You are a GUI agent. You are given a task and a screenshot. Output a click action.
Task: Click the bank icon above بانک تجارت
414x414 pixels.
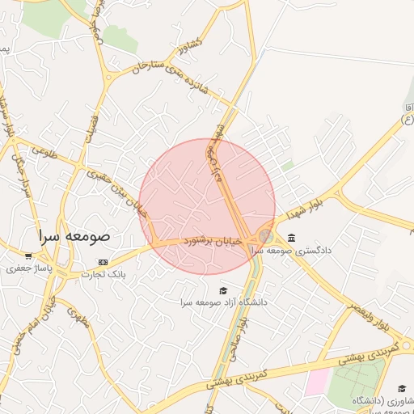103,262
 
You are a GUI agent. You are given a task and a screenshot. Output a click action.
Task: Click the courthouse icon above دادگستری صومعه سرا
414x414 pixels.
291,238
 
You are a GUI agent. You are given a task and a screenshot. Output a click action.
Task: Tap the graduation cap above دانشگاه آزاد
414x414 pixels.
224,290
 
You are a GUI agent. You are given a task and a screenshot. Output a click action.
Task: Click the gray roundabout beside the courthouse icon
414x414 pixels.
266,235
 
